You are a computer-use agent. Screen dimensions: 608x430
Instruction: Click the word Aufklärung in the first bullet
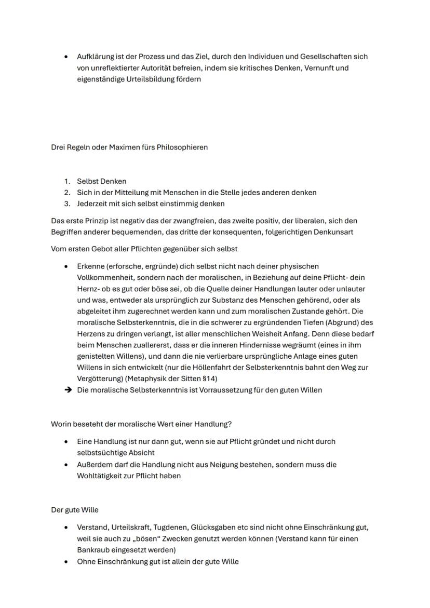point(96,56)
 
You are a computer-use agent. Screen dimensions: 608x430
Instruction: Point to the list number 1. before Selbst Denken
point(67,181)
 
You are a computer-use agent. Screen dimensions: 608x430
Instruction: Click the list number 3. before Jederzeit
point(67,204)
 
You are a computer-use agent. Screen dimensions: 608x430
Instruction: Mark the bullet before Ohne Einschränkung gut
point(66,561)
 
